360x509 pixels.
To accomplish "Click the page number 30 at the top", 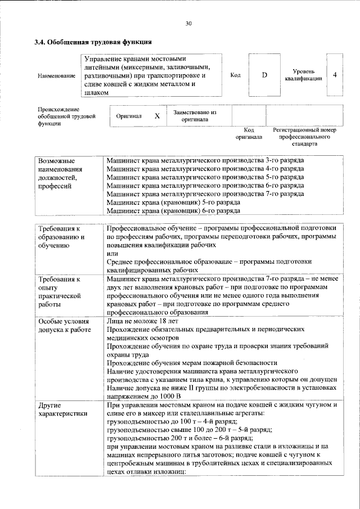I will [x=188, y=23].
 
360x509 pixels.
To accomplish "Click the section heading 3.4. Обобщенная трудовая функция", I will [x=92, y=42].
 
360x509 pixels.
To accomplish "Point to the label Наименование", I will [x=56, y=75].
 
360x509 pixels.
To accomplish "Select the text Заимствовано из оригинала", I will [x=195, y=116].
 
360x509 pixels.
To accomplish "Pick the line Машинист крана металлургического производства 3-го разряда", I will [x=205, y=160].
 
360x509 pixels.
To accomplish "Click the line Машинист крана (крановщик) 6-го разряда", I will [x=173, y=210].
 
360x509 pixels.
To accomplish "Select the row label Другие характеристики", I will [x=62, y=409].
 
